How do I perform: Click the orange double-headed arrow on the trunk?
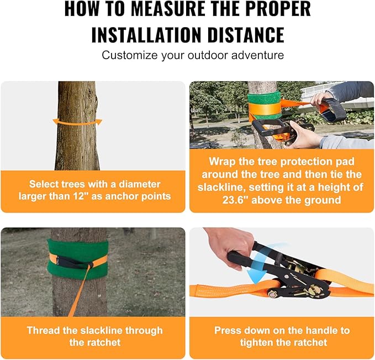[77, 121]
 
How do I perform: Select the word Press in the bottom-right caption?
[228, 331]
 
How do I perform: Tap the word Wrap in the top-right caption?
[221, 162]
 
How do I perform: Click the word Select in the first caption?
[45, 184]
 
